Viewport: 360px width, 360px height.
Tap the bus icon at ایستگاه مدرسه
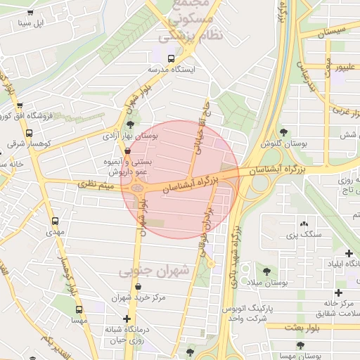172,58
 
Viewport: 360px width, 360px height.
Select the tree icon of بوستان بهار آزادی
130,124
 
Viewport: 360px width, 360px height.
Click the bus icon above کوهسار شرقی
29,133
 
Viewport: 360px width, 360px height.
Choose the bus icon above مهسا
78,309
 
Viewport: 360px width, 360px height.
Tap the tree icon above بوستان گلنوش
283,131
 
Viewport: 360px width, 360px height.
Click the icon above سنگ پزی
304,222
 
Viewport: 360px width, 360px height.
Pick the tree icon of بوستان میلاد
266,271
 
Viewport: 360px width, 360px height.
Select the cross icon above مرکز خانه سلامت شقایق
339,292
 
